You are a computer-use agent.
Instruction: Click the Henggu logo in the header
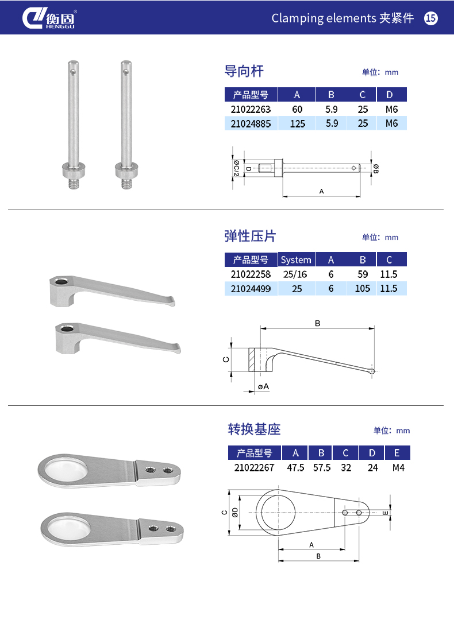tap(49, 18)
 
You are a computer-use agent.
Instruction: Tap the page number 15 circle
tap(430, 18)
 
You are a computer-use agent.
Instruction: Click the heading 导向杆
tap(244, 71)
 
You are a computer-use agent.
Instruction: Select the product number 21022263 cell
tap(251, 109)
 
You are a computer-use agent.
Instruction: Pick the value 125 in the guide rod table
tap(297, 124)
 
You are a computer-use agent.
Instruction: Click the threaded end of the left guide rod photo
tap(73, 183)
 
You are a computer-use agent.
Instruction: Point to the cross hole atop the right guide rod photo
tap(125, 72)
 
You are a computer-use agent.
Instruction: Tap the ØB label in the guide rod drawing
tap(376, 168)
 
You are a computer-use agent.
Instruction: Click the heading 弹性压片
tap(250, 236)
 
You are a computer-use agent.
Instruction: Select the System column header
tap(296, 260)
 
